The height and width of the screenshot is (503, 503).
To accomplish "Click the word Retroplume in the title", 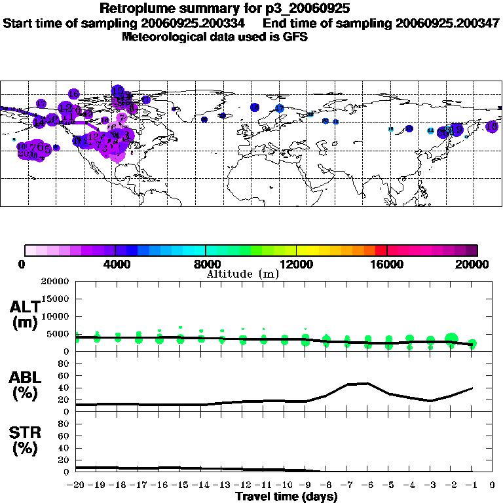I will (135, 9).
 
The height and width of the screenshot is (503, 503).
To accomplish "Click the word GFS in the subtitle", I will (296, 37).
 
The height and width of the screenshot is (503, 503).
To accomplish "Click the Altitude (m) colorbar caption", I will (242, 274).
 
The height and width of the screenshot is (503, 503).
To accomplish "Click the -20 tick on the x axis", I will (76, 485).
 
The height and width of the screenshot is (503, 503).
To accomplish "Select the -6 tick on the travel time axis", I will (367, 485).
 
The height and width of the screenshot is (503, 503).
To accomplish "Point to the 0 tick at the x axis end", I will (493, 485).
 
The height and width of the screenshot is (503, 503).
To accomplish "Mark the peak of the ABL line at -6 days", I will (367, 383).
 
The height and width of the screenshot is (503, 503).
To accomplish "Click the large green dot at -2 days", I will (451, 339).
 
